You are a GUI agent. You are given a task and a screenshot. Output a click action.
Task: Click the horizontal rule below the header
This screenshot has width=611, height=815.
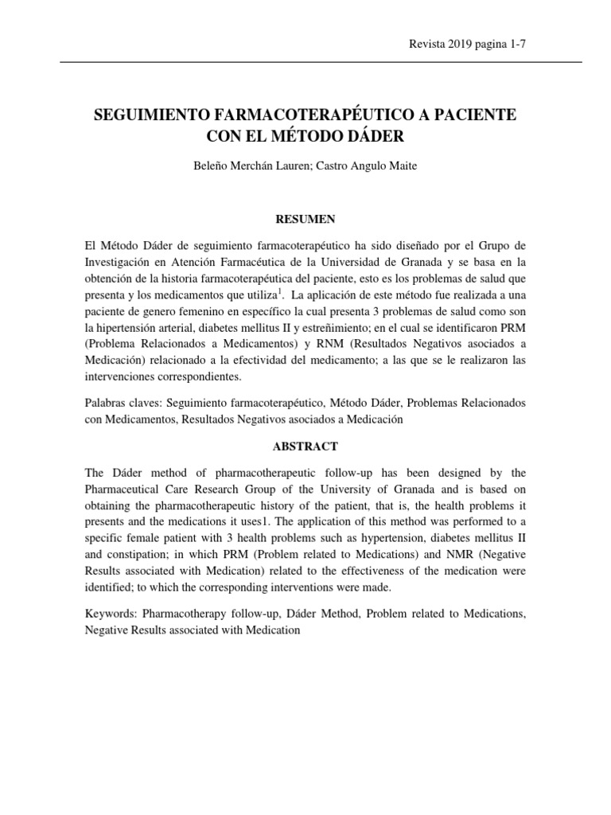(x=305, y=62)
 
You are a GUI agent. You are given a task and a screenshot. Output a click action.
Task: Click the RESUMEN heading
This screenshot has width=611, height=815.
(x=305, y=219)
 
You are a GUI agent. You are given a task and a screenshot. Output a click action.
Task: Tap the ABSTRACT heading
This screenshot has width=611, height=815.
(x=305, y=446)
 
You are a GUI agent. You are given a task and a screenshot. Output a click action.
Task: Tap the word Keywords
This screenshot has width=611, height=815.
(x=110, y=613)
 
